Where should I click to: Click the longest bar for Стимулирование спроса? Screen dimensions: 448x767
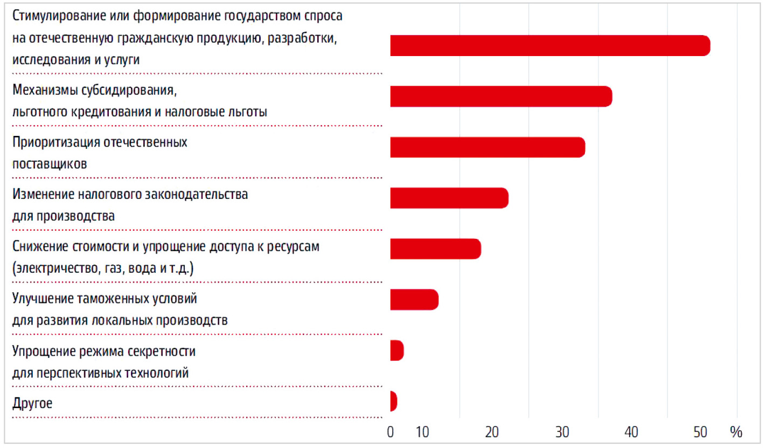tap(549, 45)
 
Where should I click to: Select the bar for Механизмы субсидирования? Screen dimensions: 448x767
tap(501, 96)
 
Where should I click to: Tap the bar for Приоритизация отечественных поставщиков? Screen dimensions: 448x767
tap(487, 147)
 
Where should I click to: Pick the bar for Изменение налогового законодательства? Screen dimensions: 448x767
tap(449, 198)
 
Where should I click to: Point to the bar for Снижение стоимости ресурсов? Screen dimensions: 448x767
tap(435, 249)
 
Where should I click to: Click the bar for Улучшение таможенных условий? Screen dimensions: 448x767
tap(414, 299)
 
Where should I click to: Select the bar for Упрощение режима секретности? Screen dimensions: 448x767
tap(397, 350)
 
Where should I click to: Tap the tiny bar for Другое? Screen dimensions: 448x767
tap(393, 401)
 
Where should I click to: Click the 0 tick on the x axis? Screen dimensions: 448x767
tap(391, 432)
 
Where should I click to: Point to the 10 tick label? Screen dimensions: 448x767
tap(423, 432)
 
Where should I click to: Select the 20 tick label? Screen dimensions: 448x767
tap(492, 432)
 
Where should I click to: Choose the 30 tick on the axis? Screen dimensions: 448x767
tap(562, 432)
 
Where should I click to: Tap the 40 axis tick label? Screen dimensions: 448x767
tap(631, 432)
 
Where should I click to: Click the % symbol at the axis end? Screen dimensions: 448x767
tap(736, 432)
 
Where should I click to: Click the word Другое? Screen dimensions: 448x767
tap(32, 403)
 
